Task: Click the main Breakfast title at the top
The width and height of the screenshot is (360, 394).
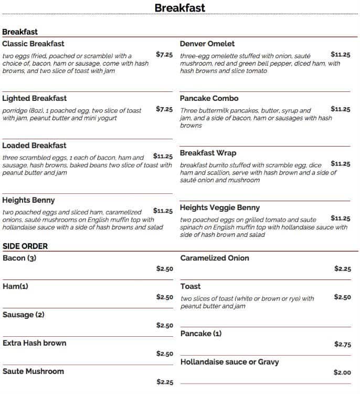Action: click(x=179, y=8)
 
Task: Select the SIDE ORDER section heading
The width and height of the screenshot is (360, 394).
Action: click(x=25, y=246)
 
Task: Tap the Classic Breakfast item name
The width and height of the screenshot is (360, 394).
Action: click(x=33, y=44)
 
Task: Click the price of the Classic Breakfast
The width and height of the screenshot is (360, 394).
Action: click(x=164, y=54)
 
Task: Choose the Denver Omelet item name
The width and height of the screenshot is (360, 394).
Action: click(x=207, y=44)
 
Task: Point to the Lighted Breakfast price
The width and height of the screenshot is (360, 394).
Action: click(x=164, y=109)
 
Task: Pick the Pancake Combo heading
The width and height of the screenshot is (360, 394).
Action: click(x=209, y=98)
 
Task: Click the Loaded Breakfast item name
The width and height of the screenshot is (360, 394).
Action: click(x=34, y=146)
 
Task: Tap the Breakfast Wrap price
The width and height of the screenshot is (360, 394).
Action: click(x=341, y=163)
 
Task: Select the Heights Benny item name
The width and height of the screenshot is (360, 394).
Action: click(x=28, y=200)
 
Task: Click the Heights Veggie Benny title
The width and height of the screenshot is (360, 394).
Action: click(x=219, y=208)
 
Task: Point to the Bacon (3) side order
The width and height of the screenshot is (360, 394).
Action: click(x=19, y=258)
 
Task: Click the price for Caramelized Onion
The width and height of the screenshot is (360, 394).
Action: click(x=342, y=268)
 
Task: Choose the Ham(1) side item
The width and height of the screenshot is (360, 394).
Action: click(x=15, y=286)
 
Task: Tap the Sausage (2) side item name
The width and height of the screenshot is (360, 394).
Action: click(x=24, y=315)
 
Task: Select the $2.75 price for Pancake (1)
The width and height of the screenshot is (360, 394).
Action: click(x=342, y=344)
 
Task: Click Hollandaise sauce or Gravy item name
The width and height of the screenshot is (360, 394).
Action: click(x=229, y=362)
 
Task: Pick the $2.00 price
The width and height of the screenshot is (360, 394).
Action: click(x=342, y=372)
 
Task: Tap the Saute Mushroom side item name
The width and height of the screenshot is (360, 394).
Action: click(x=33, y=371)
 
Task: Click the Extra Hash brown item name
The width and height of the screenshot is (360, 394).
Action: click(x=34, y=343)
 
